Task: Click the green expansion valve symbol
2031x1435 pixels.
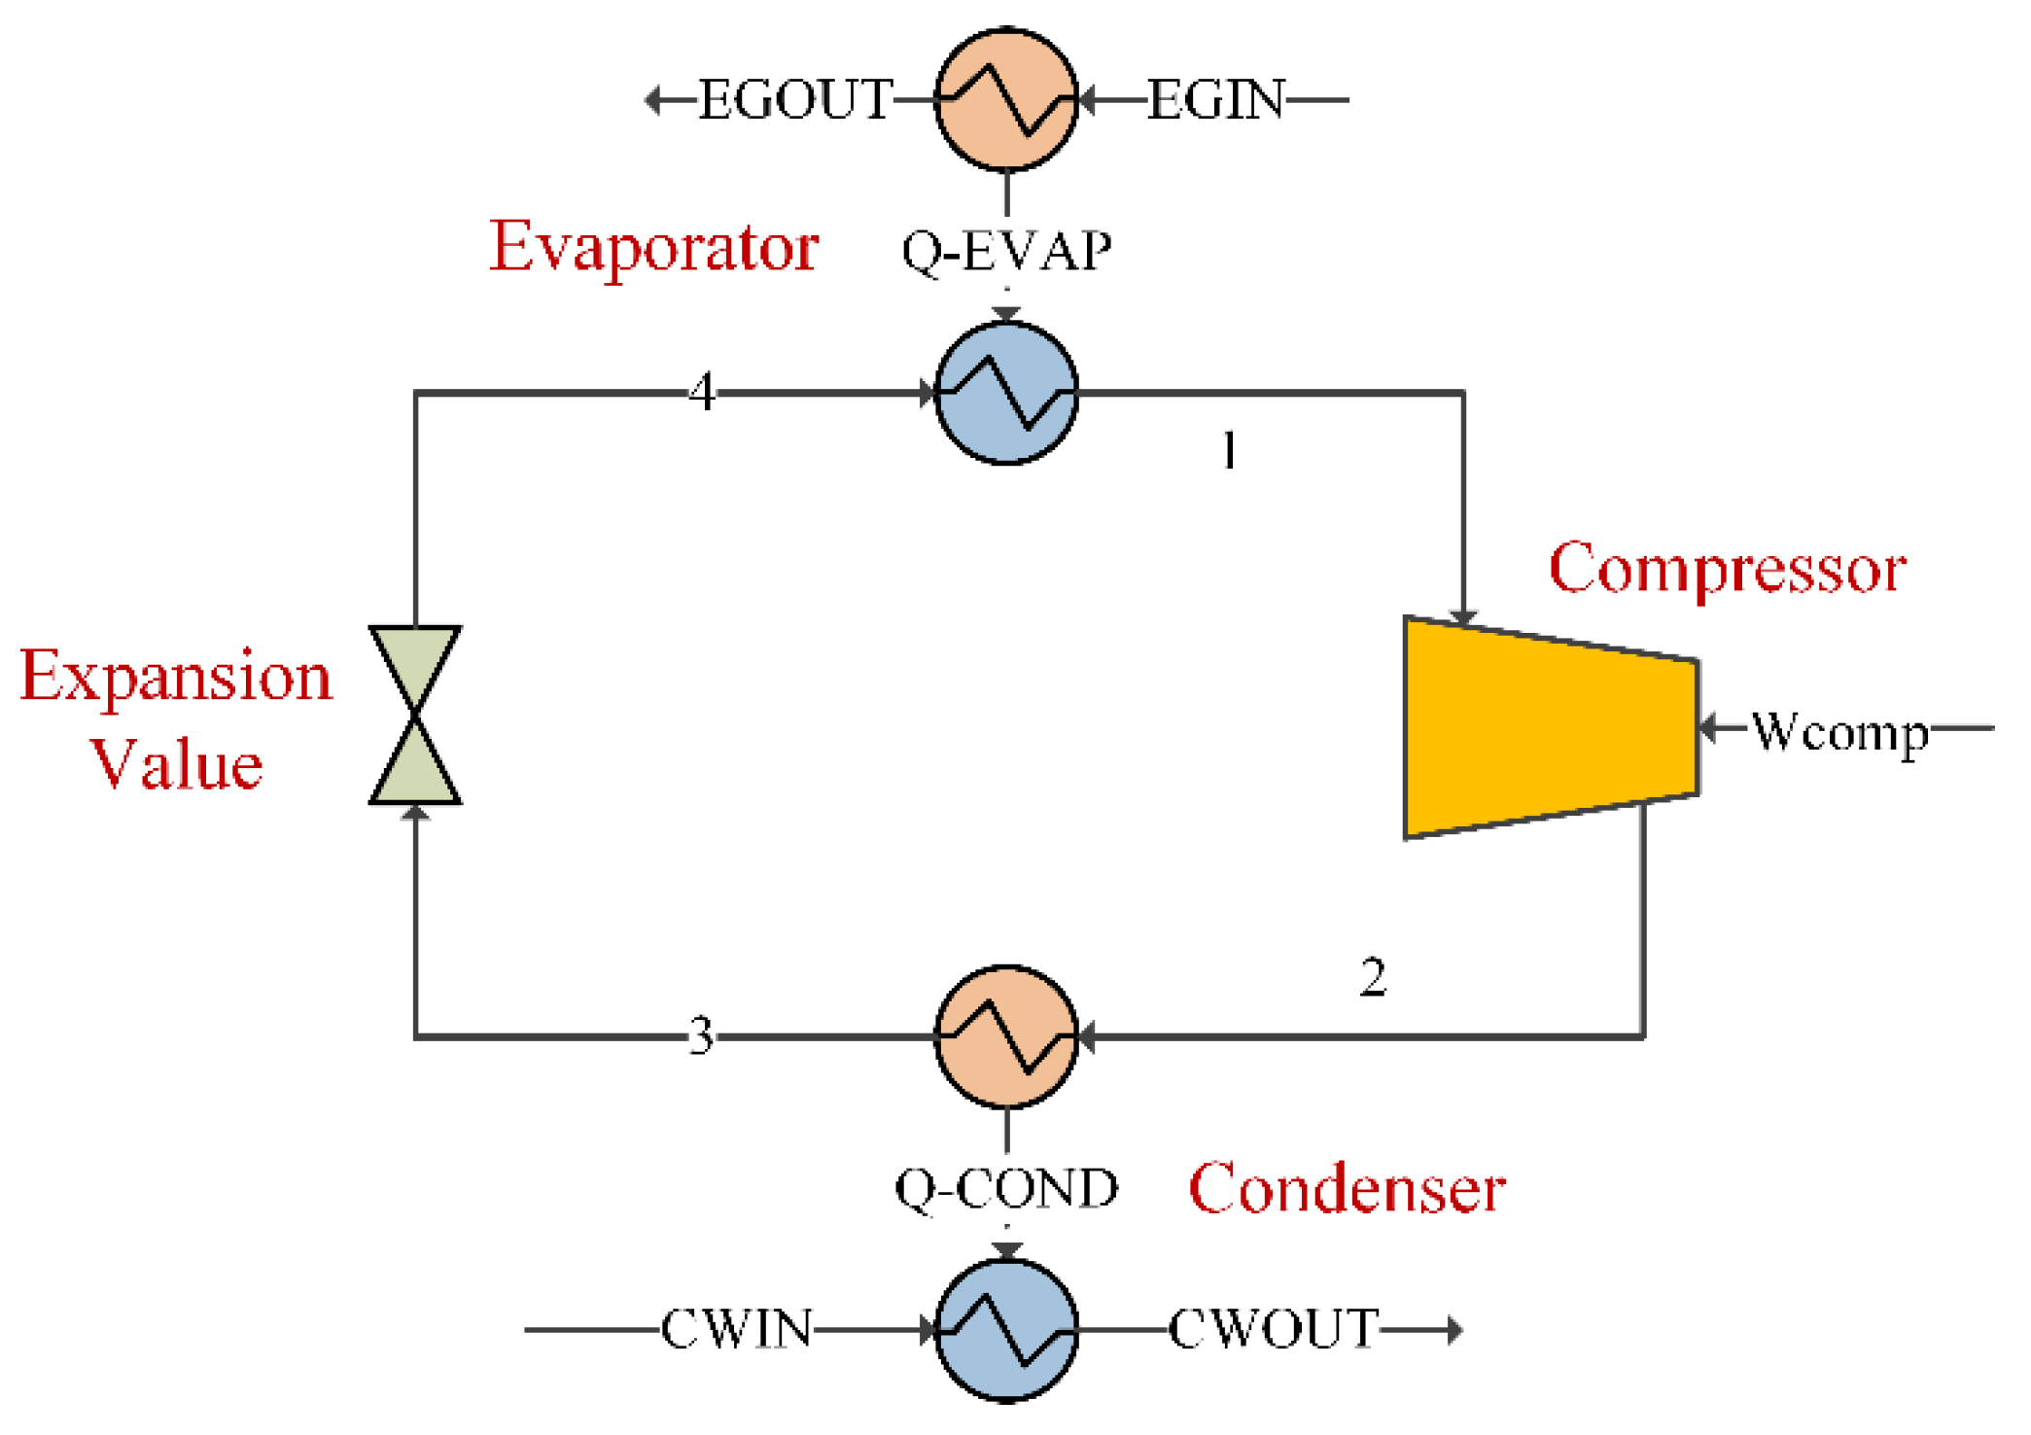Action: (415, 715)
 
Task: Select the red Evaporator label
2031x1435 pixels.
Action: (653, 248)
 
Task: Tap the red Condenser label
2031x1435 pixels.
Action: (1347, 1188)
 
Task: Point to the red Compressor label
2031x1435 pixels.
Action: (1727, 569)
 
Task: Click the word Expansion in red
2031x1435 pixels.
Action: (176, 677)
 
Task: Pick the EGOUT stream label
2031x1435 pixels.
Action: (794, 100)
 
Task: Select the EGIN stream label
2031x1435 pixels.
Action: (1216, 100)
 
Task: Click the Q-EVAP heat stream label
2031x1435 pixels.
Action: (1006, 252)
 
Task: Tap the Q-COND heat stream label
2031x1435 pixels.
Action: (1006, 1189)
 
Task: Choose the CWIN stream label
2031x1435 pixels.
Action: (736, 1329)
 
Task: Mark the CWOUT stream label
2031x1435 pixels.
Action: (1273, 1329)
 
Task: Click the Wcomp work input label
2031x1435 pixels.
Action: (1839, 731)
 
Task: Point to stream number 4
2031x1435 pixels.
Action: (702, 393)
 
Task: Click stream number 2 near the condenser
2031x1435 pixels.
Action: (1372, 977)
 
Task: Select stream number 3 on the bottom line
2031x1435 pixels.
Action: (701, 1036)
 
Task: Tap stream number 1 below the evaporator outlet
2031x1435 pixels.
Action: (1229, 451)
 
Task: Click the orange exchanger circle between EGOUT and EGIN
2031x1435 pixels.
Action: (1006, 99)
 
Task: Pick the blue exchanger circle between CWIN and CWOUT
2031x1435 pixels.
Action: (1006, 1329)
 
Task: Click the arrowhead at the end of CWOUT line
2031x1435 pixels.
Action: (1454, 1329)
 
